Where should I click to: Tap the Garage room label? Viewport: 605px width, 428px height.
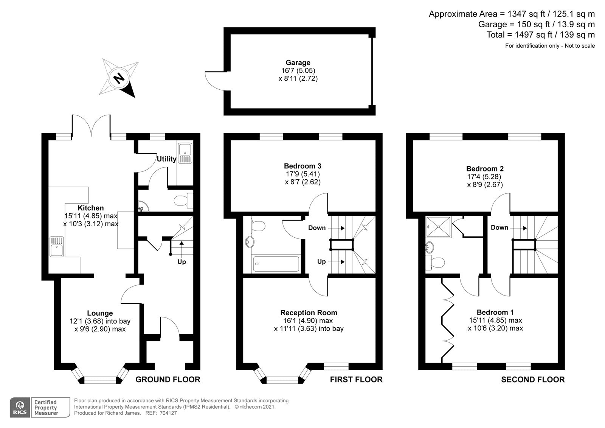(x=298, y=63)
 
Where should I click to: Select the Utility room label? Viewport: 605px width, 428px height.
(x=166, y=159)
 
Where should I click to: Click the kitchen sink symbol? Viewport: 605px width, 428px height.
(x=57, y=246)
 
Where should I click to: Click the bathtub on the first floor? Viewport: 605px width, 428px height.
(x=276, y=264)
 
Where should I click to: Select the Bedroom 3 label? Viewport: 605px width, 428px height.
(x=302, y=166)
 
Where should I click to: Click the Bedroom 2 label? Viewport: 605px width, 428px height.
(x=485, y=169)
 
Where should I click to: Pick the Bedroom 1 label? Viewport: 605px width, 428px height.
(x=495, y=312)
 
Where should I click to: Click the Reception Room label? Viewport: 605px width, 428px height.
(x=309, y=313)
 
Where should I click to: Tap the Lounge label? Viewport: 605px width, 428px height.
(x=100, y=313)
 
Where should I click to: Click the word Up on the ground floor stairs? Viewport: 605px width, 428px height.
(x=181, y=261)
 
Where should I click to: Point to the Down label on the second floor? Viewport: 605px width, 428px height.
(x=499, y=227)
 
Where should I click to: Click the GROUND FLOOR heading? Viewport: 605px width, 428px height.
(x=168, y=379)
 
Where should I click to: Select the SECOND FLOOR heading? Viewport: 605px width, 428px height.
(x=533, y=379)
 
